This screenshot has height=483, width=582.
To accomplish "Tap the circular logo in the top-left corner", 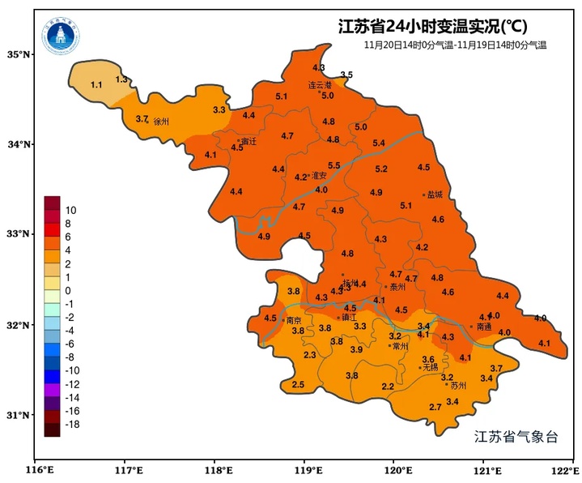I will coord(62,32).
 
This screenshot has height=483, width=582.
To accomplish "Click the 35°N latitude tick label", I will coord(19,54).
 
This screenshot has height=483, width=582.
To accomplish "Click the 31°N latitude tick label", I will coord(19,415).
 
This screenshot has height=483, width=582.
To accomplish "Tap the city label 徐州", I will coord(161,122).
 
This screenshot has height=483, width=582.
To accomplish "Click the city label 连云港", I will coord(321,84).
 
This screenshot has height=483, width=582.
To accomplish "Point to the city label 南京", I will coord(295,320).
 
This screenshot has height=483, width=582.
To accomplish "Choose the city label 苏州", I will coord(458,386).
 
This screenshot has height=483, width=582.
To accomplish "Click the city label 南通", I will coord(484,327).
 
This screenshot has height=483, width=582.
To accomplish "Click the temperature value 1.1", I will coord(96,85).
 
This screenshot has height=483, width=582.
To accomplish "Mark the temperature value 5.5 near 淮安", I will coord(333,166).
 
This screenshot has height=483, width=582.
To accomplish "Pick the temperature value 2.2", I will coord(388,387).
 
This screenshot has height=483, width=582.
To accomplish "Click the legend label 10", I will coord(70,210).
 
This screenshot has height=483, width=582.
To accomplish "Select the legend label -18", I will coord(72,424).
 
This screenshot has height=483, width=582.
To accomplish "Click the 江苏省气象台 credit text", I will coord(516,437).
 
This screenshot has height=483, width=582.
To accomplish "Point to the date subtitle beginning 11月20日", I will coord(456,45).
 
